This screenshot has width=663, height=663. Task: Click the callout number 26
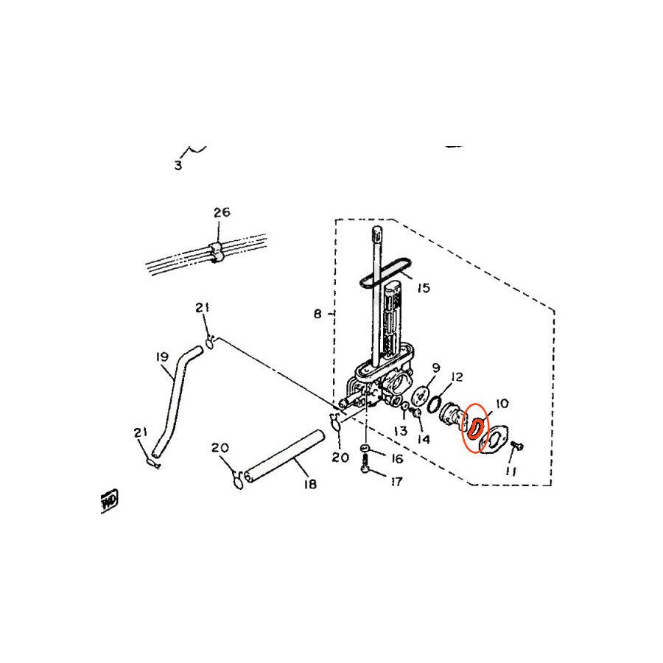coord(222,212)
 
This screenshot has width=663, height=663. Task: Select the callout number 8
coord(318,314)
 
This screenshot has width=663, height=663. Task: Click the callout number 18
coord(309,484)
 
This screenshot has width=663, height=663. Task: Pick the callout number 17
coord(397,483)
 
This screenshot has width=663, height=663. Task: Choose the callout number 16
coord(397,459)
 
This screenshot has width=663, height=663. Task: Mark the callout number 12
coord(457,377)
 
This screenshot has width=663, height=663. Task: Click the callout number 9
coord(435,367)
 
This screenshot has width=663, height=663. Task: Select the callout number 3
coord(178,166)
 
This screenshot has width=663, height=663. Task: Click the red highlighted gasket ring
coord(476,428)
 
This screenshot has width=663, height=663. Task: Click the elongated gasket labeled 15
coord(383,270)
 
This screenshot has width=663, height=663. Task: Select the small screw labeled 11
coord(515,446)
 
